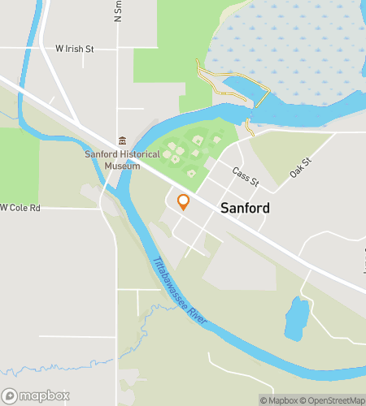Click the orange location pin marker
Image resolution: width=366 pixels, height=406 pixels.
coord(184,201)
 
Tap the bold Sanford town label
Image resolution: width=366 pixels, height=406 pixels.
coord(245,209)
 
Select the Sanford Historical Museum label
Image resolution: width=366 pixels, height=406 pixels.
coord(113,160)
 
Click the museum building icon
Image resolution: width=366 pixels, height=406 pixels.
coord(122,141)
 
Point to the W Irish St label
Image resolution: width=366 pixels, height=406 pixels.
coord(74,50)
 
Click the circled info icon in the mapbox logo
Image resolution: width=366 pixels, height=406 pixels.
coord(10,396)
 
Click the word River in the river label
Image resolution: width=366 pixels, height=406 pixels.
coord(202,313)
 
